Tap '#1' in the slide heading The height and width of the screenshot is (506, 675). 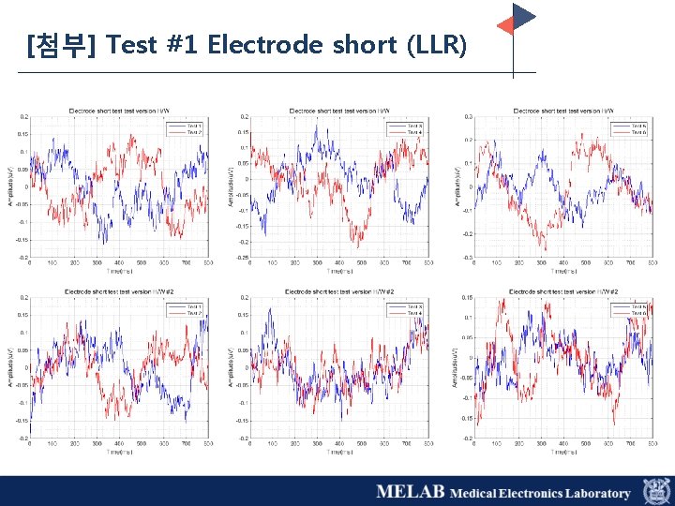click(x=185, y=44)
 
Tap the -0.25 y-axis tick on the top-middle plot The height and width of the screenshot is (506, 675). click(x=242, y=257)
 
